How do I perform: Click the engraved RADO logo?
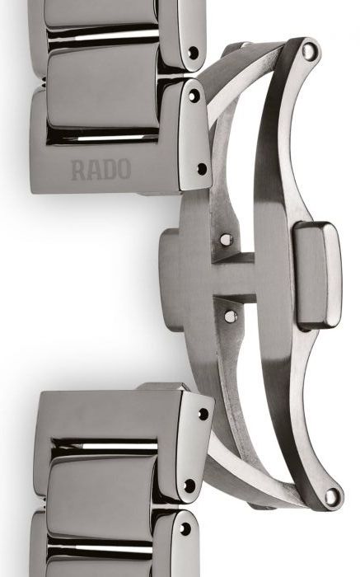[x=101, y=169]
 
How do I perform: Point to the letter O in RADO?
[x=124, y=169]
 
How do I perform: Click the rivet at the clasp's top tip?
[x=309, y=50]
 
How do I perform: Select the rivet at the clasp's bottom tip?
[x=332, y=496]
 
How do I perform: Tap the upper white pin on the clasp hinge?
[x=227, y=240]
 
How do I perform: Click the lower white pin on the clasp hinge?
[x=231, y=316]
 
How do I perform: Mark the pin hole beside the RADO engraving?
[x=202, y=169]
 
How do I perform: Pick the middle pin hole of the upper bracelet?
[x=194, y=96]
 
